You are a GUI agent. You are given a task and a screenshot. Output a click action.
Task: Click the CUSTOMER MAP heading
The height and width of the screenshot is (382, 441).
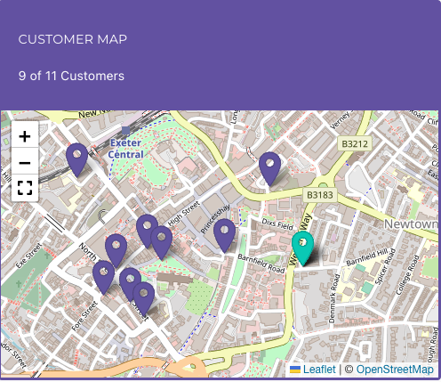tap(73, 39)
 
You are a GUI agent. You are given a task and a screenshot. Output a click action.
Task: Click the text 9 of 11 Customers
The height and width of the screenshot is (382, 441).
tap(72, 76)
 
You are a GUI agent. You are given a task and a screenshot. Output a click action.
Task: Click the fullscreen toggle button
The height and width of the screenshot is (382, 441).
tap(25, 188)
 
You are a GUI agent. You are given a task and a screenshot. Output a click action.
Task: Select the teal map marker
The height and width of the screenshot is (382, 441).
tap(303, 248)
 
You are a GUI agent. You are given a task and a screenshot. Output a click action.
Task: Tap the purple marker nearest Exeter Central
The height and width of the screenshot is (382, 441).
tap(77, 158)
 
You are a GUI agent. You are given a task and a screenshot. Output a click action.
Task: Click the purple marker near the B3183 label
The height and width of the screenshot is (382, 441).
tap(269, 167)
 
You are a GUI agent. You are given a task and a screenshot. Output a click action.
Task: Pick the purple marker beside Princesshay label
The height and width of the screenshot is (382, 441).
tap(224, 234)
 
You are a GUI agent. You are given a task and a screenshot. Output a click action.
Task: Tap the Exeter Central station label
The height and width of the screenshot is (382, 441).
tap(125, 148)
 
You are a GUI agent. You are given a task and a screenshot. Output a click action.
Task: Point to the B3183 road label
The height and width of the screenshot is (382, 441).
tap(319, 194)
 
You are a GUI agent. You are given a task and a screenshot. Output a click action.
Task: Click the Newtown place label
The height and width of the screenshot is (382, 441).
tap(412, 224)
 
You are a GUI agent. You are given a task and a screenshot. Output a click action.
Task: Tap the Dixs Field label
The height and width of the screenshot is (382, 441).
tap(277, 224)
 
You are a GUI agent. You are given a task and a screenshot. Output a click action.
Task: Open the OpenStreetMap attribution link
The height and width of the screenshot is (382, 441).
tap(395, 370)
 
